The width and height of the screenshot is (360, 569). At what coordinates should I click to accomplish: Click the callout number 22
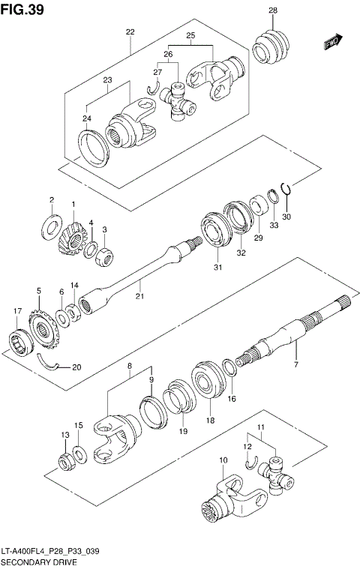[130, 32]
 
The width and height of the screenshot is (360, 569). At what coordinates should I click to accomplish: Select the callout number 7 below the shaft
[295, 364]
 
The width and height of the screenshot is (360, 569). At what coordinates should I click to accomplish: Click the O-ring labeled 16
[232, 367]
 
